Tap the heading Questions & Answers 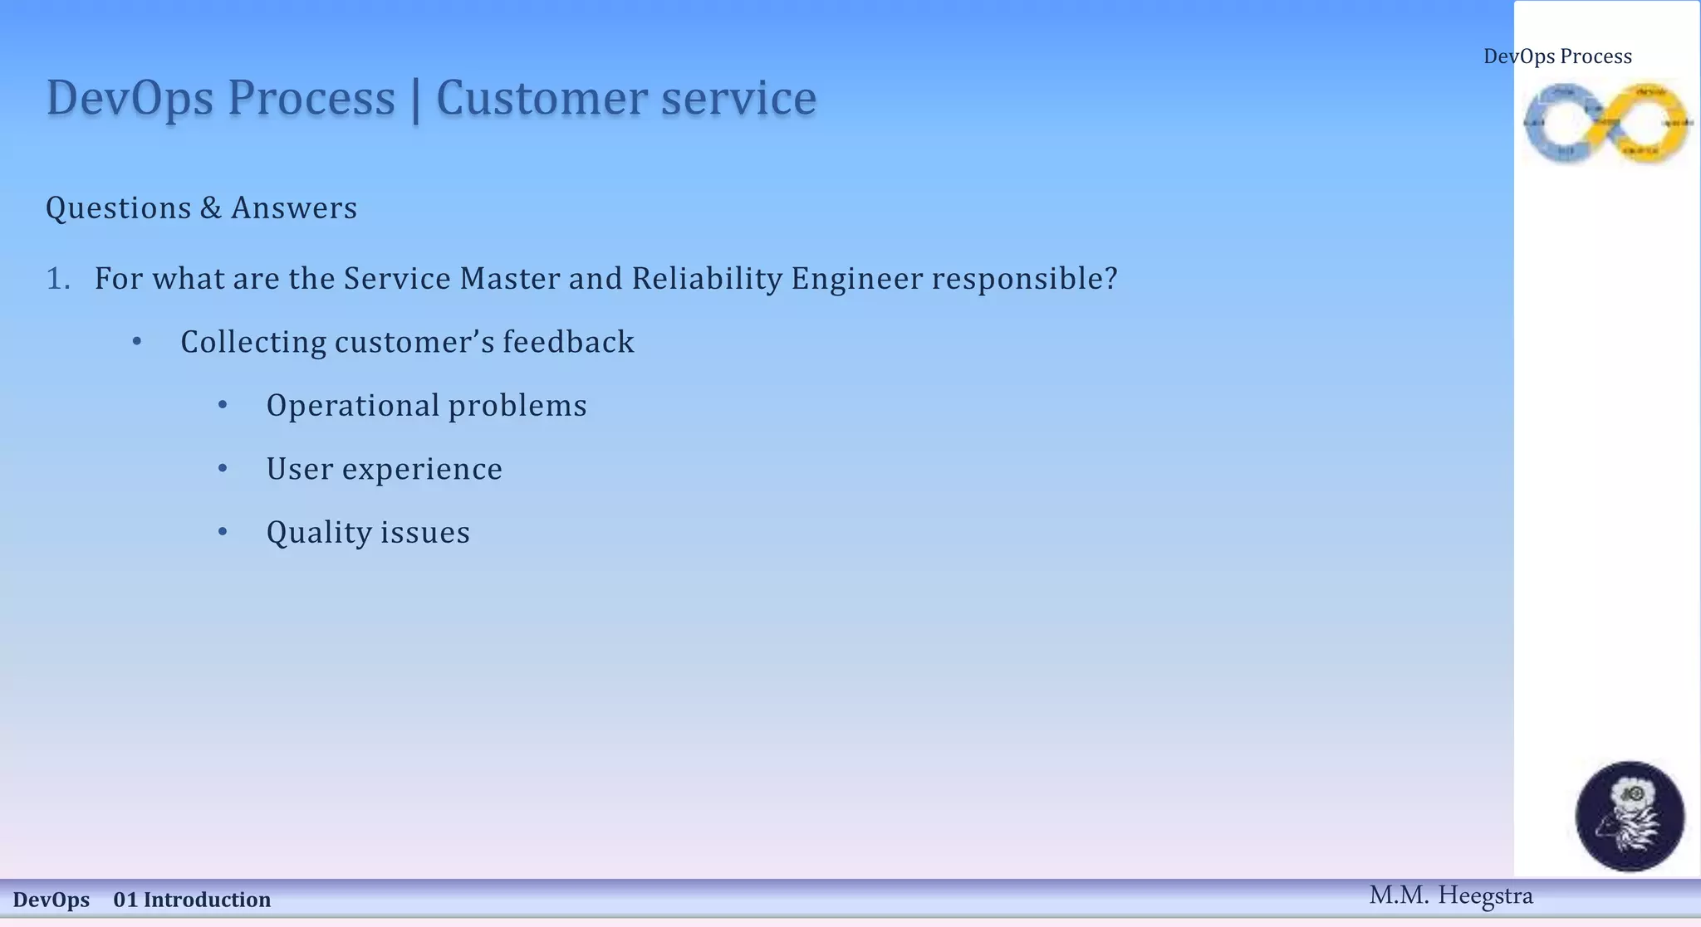(x=201, y=207)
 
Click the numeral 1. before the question (x=57, y=279)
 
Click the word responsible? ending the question (x=1024, y=279)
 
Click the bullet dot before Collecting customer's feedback (x=137, y=342)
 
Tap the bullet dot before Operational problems (x=223, y=406)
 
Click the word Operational (x=352, y=406)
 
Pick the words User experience (x=384, y=469)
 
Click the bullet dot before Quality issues (x=223, y=532)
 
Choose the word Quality (x=319, y=532)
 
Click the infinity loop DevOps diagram (x=1606, y=123)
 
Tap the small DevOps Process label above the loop (x=1557, y=56)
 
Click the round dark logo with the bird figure (x=1630, y=816)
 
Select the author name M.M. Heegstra (x=1450, y=895)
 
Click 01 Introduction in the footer (x=192, y=900)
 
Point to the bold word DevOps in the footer (x=51, y=900)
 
